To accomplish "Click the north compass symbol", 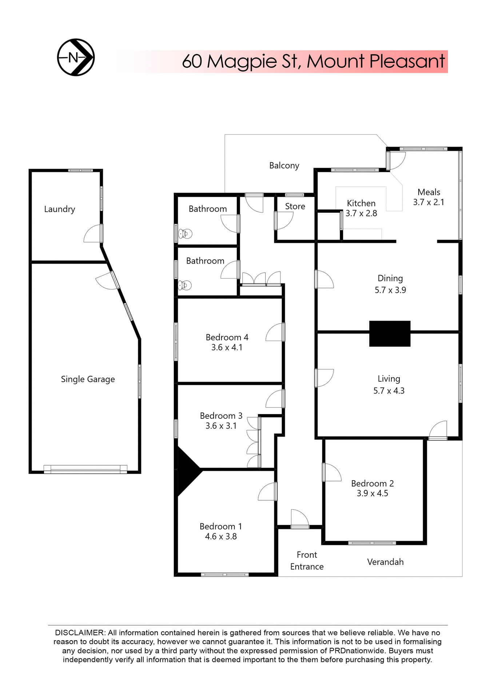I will [76, 57].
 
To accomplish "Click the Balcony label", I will [284, 166].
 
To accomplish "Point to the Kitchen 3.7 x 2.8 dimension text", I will [361, 213].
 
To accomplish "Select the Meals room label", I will [429, 192].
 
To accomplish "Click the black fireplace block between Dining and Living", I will [390, 333].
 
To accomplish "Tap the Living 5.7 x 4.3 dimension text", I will [389, 391].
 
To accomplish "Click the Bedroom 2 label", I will [372, 484].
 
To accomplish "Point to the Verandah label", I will [385, 562].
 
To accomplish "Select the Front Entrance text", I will [307, 561].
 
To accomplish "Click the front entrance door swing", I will [300, 518].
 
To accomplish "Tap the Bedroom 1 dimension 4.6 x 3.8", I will [221, 537].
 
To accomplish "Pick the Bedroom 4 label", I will [227, 337].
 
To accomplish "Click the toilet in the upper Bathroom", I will [185, 233].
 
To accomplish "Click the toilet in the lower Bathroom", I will [184, 285].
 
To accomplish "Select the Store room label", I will [295, 206].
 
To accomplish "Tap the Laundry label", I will [60, 209].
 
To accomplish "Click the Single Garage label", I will [88, 379].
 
